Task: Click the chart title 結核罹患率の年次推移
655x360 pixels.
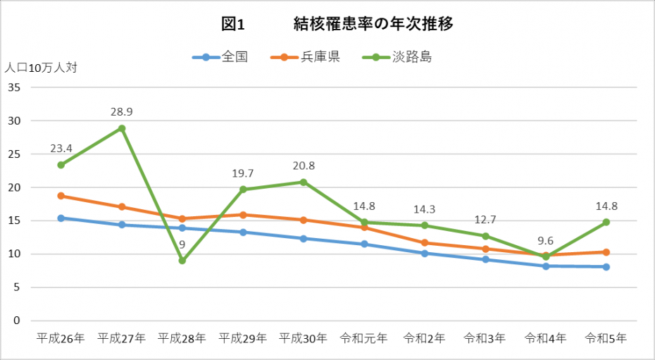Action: [372, 24]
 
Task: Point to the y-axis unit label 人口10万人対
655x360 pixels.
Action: [41, 68]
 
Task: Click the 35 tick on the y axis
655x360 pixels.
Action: [14, 87]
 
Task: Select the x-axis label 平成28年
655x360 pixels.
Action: [182, 338]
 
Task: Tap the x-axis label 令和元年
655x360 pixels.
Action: [363, 338]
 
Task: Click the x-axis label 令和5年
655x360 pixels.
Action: [606, 338]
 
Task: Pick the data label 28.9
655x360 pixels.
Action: [122, 112]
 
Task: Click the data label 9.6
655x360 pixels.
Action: [545, 240]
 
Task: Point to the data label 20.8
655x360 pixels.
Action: [304, 166]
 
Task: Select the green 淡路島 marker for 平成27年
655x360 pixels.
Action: [122, 128]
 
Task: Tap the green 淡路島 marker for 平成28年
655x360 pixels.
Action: [182, 261]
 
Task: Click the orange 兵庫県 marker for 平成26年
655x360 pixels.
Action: [61, 196]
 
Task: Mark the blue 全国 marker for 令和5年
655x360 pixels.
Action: [606, 267]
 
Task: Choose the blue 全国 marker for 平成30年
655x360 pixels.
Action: [304, 239]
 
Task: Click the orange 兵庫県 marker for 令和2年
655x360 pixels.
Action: [424, 243]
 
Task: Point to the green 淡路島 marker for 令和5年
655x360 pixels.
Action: [606, 222]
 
